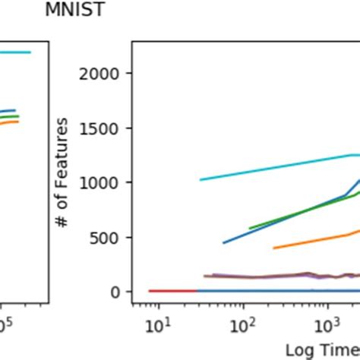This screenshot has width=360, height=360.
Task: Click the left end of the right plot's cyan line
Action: [200, 180]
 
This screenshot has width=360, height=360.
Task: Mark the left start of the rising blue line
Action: [223, 243]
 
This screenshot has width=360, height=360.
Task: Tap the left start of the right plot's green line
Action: [250, 228]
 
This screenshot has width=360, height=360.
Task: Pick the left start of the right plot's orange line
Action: [273, 248]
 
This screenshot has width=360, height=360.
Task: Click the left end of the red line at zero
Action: [149, 291]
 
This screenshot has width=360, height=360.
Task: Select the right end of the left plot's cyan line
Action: [30, 52]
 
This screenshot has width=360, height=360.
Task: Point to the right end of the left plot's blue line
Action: [15, 110]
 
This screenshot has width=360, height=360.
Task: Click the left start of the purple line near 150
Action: [204, 276]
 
